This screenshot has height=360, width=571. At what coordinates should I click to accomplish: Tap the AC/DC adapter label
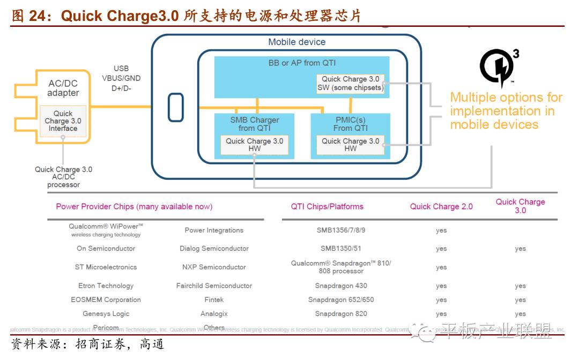tap(63, 88)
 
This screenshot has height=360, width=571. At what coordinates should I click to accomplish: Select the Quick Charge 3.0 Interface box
tap(63, 121)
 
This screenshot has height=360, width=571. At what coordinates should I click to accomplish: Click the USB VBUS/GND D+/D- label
tap(121, 78)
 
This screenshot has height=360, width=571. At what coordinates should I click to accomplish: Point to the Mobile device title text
tap(296, 42)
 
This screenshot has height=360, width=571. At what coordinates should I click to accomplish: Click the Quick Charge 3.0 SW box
tap(351, 83)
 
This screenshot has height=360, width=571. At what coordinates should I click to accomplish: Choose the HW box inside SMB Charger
tap(254, 145)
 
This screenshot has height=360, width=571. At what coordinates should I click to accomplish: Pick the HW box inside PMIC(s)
tap(350, 145)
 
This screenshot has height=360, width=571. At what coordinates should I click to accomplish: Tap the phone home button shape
tap(175, 107)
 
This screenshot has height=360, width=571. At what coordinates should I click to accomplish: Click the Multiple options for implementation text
tap(506, 111)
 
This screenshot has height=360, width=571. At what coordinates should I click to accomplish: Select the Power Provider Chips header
tap(134, 207)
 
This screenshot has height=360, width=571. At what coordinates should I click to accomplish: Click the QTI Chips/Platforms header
tap(327, 207)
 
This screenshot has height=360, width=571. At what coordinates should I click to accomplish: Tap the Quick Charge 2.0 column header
tap(441, 207)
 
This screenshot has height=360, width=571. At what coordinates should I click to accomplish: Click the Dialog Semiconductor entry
tap(214, 248)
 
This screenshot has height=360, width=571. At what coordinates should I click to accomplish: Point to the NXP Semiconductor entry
tap(214, 267)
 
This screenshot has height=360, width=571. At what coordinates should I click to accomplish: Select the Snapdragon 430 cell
tap(341, 286)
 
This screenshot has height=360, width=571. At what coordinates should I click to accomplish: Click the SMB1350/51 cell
tap(341, 248)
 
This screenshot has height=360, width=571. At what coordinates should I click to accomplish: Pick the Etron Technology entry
tap(106, 286)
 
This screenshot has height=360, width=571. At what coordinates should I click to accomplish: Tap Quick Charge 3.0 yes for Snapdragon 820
tap(520, 314)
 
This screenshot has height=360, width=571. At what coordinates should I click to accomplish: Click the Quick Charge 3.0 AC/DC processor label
tap(63, 177)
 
